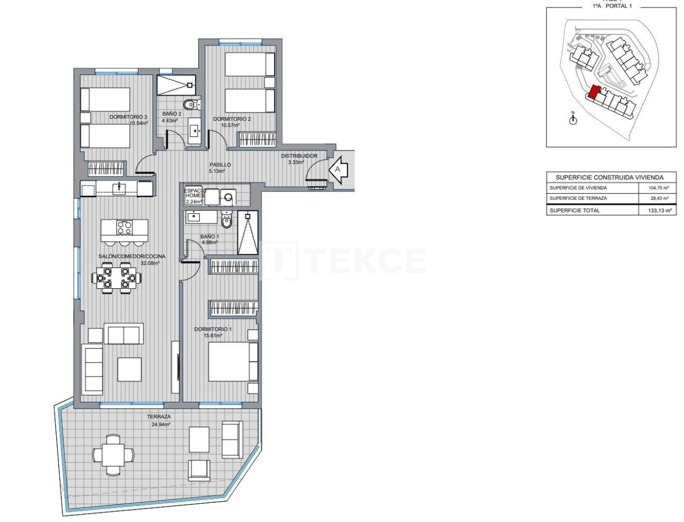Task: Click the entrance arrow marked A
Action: tap(339, 170)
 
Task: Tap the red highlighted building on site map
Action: tap(594, 93)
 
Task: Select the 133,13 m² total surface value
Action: tap(658, 211)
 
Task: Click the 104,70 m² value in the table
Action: tap(658, 188)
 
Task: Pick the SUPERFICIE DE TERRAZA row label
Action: tap(578, 198)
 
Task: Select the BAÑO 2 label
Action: tap(172, 114)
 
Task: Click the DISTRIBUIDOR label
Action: tap(299, 156)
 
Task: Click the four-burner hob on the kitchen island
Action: tap(125, 228)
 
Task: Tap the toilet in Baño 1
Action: tap(226, 220)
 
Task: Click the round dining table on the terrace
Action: tap(113, 454)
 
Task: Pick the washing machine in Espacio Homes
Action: tap(228, 197)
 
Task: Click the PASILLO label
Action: tap(220, 165)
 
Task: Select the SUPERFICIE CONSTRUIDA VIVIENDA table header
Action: tap(609, 177)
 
